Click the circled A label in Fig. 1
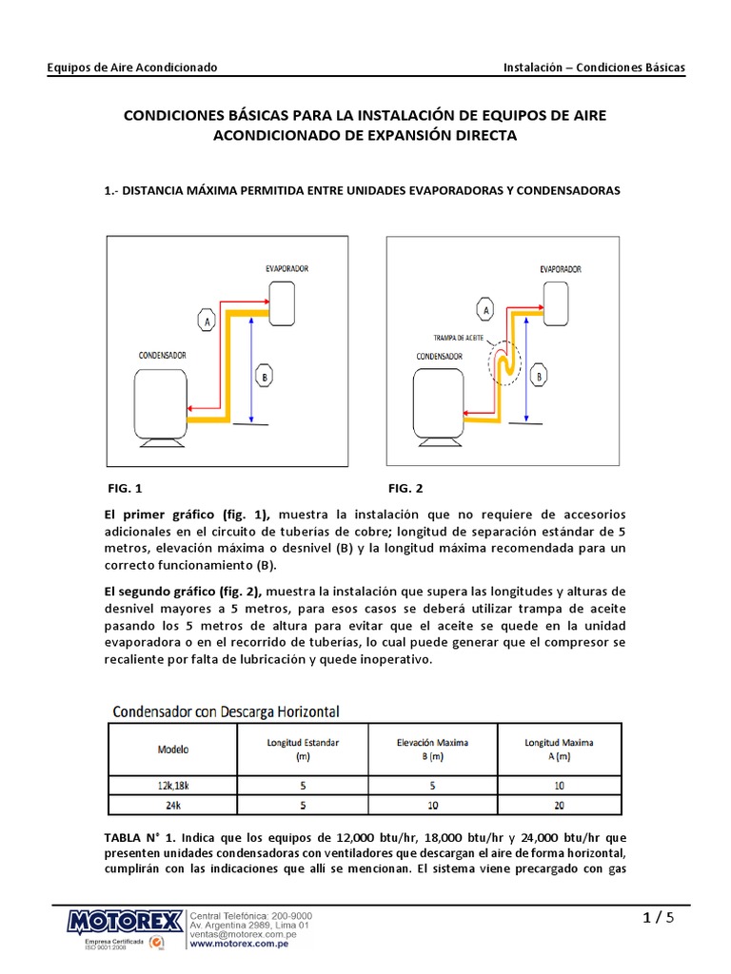205,322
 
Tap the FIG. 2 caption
405,488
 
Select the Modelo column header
172,749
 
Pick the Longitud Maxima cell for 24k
558,805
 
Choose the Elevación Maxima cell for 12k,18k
433,785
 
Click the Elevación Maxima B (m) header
433,749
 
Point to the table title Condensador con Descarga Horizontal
227,711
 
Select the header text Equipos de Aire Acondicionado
132,68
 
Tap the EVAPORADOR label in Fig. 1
287,269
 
